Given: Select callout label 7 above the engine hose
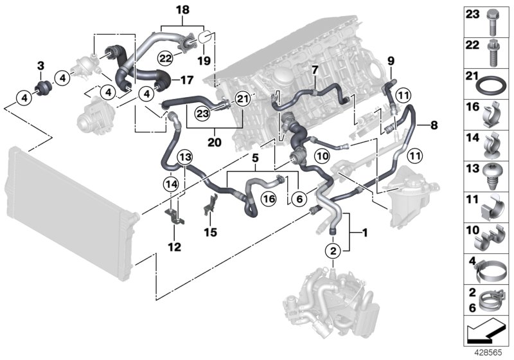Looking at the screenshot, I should (315, 68).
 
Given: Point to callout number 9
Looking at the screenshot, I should (390, 62).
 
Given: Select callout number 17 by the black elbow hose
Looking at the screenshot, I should (186, 80).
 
